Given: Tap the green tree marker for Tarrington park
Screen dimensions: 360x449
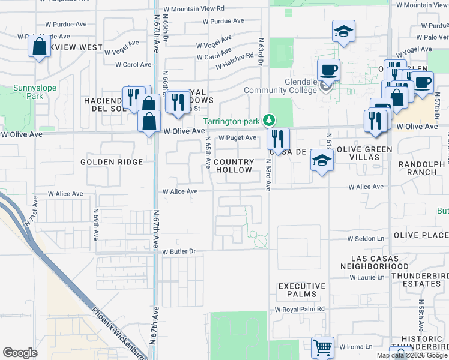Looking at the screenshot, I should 270,120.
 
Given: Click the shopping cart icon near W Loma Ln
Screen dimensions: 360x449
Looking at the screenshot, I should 322,347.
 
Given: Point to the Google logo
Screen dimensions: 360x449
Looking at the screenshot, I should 20,352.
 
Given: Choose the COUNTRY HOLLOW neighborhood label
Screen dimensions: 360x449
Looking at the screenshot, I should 234,166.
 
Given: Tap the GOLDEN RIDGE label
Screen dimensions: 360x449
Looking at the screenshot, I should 112,162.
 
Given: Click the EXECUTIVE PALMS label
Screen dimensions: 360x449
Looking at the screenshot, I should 301,290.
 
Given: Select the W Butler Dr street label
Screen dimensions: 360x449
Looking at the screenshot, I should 179,252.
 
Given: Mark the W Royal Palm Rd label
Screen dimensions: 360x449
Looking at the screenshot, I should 300,310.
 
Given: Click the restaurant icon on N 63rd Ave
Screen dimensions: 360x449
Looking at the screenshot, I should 277,139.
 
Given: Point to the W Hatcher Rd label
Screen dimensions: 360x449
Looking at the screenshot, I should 233,56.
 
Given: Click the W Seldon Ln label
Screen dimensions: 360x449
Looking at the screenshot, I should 366,239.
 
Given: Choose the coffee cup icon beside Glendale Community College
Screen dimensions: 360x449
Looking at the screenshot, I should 328,70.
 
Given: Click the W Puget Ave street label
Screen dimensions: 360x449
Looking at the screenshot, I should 237,138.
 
